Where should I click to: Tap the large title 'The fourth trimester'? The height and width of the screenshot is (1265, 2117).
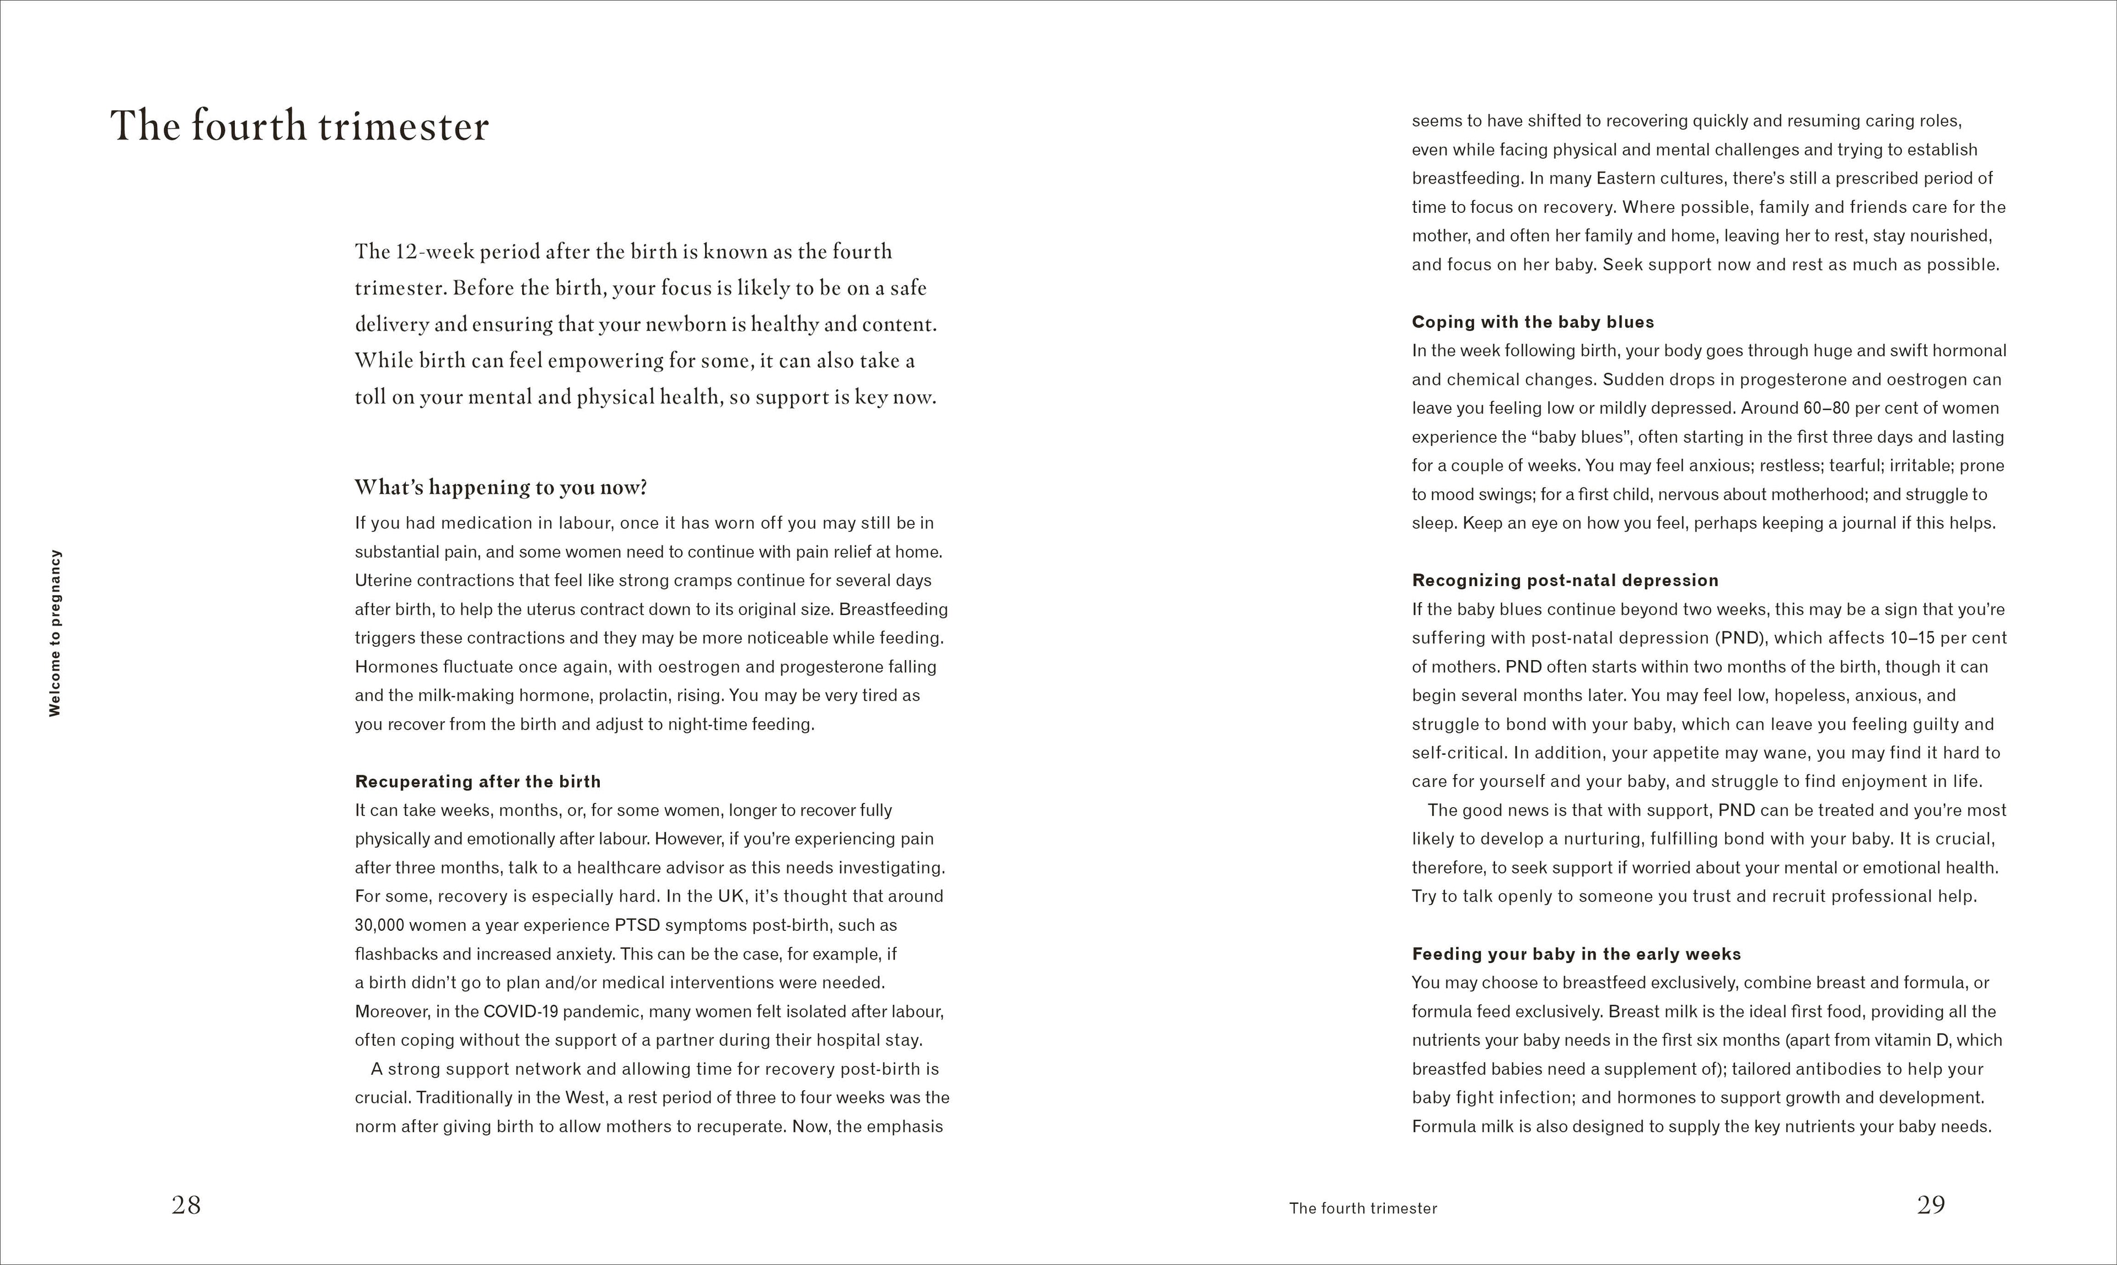[299, 126]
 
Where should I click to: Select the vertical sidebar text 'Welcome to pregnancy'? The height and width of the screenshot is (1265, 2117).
[55, 632]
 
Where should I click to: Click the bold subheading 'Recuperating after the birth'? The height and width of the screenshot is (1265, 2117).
[477, 782]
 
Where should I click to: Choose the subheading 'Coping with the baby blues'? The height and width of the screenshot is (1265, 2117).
[1533, 322]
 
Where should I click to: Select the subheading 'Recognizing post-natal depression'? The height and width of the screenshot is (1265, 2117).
[1565, 581]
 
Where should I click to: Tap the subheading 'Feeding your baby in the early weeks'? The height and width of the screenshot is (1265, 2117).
[1576, 954]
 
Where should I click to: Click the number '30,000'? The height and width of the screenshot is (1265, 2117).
[379, 925]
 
